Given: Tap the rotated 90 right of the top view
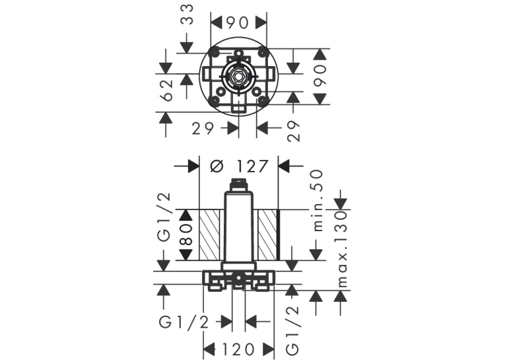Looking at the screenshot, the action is click(320, 76).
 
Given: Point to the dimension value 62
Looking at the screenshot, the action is click(167, 90).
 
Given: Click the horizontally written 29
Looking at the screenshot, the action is click(203, 129).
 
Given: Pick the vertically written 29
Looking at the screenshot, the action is click(293, 131).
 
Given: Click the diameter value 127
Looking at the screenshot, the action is click(252, 166).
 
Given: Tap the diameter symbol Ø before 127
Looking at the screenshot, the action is click(217, 166).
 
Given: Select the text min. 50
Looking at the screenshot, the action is click(318, 200).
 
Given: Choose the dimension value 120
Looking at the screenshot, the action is click(239, 349).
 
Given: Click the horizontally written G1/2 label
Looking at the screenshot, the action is click(184, 322).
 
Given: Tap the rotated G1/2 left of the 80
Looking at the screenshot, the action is click(164, 217).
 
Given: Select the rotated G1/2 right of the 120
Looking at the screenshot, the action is click(292, 331).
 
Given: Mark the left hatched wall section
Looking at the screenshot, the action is click(209, 234).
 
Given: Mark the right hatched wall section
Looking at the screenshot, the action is click(267, 234).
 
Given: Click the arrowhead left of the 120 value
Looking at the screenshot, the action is click(209, 349).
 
